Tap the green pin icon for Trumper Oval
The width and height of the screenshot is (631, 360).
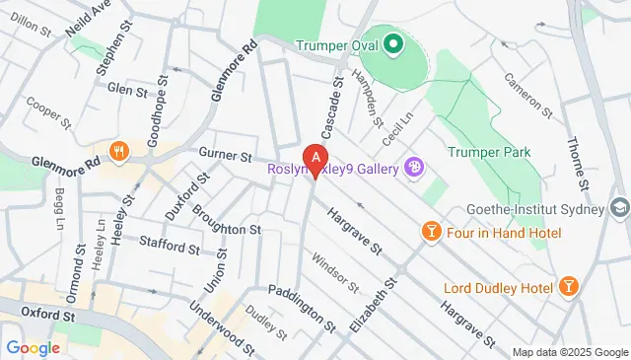pos(391,44)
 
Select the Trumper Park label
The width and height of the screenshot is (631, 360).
pos(488,152)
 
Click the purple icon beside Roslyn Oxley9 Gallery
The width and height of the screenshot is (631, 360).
pos(414,168)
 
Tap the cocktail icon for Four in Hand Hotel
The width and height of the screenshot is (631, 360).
pos(431,232)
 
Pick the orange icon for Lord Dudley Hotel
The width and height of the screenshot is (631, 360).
pos(568,286)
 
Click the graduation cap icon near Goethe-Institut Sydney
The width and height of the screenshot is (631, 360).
pos(618,208)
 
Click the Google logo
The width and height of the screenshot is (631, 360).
pos(33,347)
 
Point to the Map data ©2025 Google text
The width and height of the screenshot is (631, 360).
pos(569,352)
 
